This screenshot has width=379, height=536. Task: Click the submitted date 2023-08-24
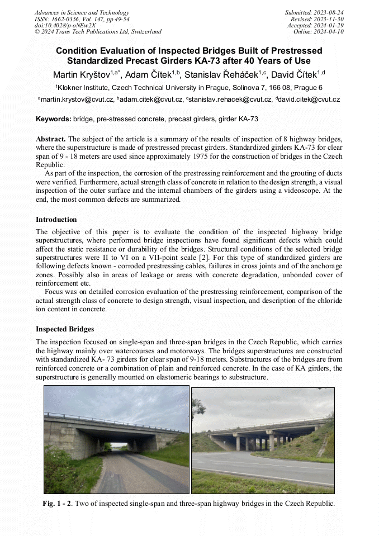(x=329, y=12)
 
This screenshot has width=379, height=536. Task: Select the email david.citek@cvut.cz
(x=307, y=99)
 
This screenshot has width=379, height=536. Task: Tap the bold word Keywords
(x=53, y=119)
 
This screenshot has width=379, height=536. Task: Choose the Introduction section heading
(x=56, y=219)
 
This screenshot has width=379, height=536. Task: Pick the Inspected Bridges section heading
(x=65, y=329)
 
